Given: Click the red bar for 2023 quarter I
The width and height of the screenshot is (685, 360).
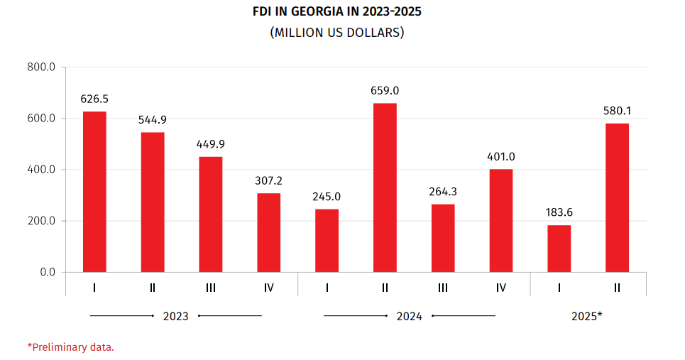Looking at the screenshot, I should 94,192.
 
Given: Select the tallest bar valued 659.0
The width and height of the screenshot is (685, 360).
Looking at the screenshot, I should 385,187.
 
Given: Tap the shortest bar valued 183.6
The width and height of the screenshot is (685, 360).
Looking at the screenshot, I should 559,249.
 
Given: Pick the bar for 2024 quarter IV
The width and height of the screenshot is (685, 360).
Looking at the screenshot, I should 500,220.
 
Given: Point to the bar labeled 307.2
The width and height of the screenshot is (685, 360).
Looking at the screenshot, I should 268,232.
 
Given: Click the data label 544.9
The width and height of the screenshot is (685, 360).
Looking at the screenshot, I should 153,119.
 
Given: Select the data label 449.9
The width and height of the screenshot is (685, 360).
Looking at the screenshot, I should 211,143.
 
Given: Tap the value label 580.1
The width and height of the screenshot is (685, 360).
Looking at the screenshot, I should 617,111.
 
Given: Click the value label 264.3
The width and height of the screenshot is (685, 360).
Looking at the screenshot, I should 443,191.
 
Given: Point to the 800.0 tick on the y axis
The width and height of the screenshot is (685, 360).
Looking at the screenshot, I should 41,67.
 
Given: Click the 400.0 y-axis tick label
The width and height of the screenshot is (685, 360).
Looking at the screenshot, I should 41,170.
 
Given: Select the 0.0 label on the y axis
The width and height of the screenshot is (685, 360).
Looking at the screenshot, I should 47,272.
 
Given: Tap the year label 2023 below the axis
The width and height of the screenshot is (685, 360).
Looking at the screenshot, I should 176,317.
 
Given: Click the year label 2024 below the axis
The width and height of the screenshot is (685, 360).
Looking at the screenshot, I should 409,317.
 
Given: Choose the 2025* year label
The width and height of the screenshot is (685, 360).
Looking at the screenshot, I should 587,317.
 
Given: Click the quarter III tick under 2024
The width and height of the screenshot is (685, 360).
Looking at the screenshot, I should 443,288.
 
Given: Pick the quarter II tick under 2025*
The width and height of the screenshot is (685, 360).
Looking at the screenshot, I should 617,288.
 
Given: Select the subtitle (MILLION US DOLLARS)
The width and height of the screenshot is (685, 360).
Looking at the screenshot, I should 337,33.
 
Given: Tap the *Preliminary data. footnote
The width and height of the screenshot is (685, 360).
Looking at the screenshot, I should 71,347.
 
